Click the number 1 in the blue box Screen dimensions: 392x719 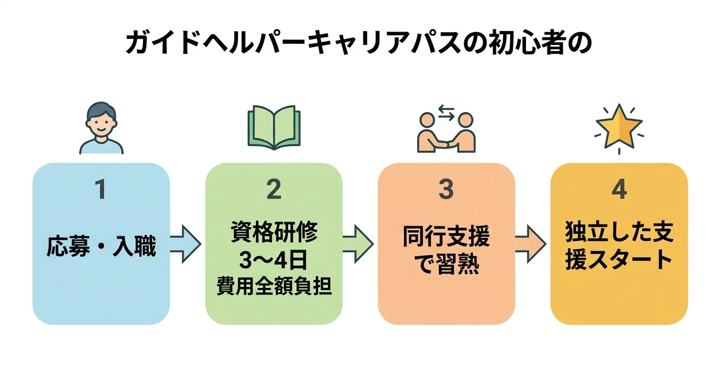[x=101, y=190]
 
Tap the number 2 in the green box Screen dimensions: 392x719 [x=274, y=190]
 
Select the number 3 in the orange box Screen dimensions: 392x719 [x=446, y=190]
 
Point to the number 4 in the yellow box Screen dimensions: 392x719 [x=619, y=190]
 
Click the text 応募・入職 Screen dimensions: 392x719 [x=101, y=247]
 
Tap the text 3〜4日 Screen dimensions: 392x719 [x=274, y=261]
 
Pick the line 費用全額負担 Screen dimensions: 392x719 [x=274, y=287]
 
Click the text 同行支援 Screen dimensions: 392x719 [x=446, y=237]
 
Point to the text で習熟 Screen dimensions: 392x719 [x=446, y=266]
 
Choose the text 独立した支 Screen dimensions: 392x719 [x=619, y=232]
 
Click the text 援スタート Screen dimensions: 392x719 [x=619, y=260]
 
